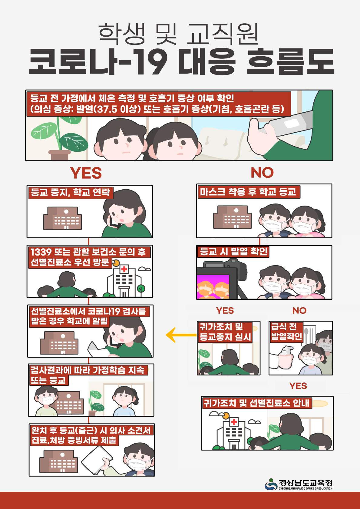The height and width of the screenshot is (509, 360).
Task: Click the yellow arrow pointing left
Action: [x=181, y=335]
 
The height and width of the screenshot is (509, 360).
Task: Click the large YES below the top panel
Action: [x=86, y=173]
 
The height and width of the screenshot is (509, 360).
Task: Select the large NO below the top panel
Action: [x=262, y=173]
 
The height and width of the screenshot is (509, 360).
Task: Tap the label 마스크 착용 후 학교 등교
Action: [x=249, y=192]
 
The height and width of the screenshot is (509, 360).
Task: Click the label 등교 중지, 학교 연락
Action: [x=71, y=193]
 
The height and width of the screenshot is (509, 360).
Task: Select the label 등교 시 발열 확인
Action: [x=233, y=252]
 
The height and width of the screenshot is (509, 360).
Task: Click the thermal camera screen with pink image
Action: [x=213, y=286]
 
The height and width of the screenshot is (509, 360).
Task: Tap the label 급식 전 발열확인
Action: [x=286, y=332]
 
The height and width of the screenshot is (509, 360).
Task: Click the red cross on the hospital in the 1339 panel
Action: [x=124, y=269]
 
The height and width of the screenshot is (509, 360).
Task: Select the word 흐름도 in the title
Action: [x=290, y=61]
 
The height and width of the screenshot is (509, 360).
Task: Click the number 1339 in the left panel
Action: [x=41, y=252]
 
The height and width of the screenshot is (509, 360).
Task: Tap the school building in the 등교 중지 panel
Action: [x=62, y=218]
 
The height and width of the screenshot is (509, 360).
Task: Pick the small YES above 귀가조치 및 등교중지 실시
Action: [x=225, y=310]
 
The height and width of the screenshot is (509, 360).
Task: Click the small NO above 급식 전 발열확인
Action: [x=299, y=310]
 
